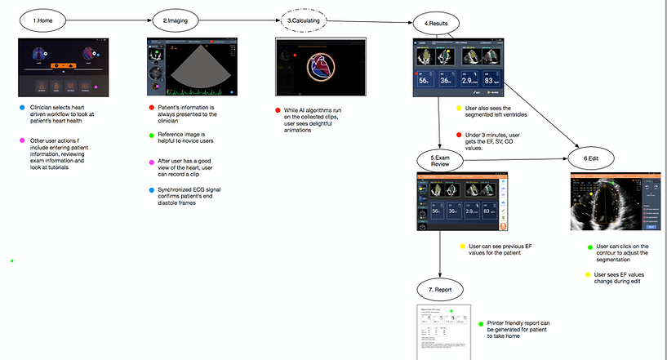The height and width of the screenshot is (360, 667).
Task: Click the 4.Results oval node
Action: (x=441, y=20)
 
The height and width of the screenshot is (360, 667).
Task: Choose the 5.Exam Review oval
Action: (x=441, y=159)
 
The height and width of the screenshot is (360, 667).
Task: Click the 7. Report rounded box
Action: (x=441, y=289)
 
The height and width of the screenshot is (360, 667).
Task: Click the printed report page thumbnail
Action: (x=441, y=331)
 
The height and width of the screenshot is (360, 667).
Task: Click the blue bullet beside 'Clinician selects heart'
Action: (x=21, y=108)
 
